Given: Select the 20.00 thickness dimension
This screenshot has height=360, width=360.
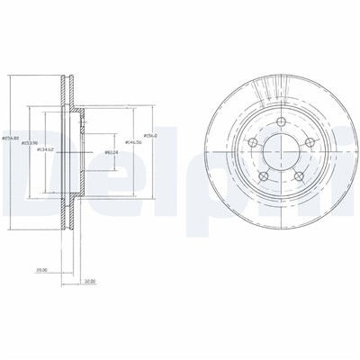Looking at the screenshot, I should pyautogui.click(x=40, y=268).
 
